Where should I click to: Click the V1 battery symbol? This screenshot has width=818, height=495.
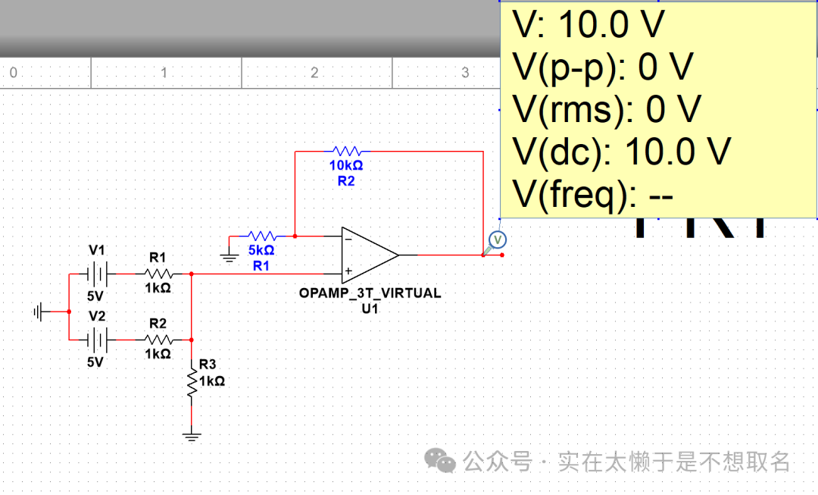(97, 273)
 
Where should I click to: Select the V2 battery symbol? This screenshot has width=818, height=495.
(97, 340)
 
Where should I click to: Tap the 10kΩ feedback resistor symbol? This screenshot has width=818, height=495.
(346, 151)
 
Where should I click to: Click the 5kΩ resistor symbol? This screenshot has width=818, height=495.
(261, 236)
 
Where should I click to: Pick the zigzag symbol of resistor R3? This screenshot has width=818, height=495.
(192, 382)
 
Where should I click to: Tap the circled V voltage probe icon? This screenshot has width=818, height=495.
(498, 240)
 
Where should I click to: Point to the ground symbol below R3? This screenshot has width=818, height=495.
(192, 435)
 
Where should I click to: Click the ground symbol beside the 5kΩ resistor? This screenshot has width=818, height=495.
(229, 256)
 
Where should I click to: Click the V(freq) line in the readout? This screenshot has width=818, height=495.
(593, 196)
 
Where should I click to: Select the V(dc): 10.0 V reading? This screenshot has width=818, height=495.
(622, 152)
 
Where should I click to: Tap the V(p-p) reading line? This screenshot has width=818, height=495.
(603, 67)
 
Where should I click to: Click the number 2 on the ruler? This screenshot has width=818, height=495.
(314, 73)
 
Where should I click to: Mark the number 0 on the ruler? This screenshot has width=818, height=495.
(13, 73)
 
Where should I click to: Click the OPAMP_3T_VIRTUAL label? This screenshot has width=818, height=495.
(370, 293)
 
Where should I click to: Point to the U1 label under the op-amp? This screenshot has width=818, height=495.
(370, 308)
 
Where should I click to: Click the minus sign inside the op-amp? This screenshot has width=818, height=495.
(348, 238)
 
